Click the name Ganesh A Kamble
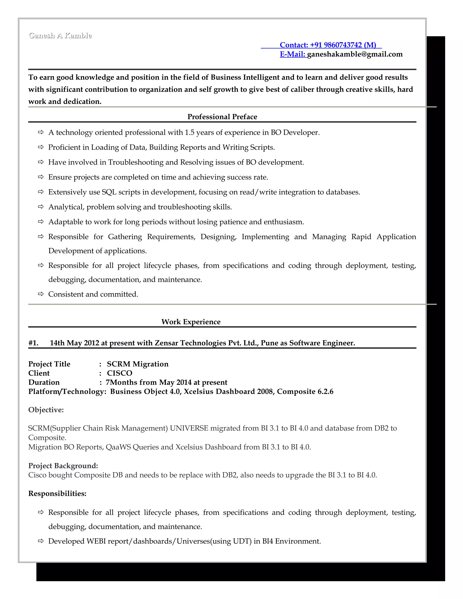[60, 36]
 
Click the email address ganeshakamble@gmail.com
[355, 54]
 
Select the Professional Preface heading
[222, 117]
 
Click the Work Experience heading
[191, 322]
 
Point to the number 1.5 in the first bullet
[189, 132]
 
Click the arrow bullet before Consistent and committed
[41, 294]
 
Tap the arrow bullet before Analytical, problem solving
[41, 207]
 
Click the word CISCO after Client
[120, 373]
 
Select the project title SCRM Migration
[138, 364]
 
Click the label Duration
[44, 382]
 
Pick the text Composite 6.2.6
[305, 391]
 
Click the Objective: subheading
[46, 410]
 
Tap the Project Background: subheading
[63, 466]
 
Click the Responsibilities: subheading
[57, 493]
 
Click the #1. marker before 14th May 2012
[33, 343]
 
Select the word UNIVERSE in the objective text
[189, 428]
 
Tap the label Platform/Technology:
[67, 391]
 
